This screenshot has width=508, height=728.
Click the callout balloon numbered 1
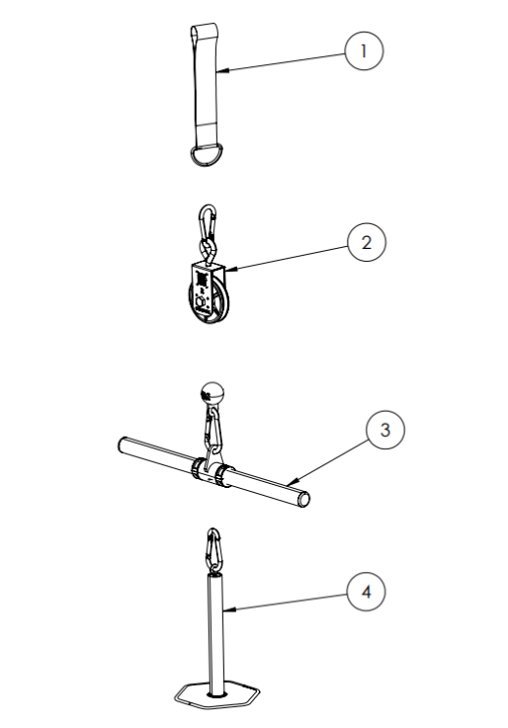pyautogui.click(x=364, y=51)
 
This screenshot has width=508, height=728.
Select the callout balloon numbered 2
pyautogui.click(x=367, y=242)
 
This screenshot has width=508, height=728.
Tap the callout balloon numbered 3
pyautogui.click(x=384, y=430)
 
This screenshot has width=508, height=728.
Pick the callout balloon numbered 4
pyautogui.click(x=366, y=592)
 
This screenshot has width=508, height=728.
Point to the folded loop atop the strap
pyautogui.click(x=204, y=32)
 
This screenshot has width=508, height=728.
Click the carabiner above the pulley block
pyautogui.click(x=208, y=221)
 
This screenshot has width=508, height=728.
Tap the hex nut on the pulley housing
pyautogui.click(x=201, y=304)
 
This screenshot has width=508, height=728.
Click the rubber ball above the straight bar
pyautogui.click(x=212, y=394)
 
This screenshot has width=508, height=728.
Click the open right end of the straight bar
pyautogui.click(x=303, y=500)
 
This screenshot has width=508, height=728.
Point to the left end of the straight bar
pyautogui.click(x=124, y=445)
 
